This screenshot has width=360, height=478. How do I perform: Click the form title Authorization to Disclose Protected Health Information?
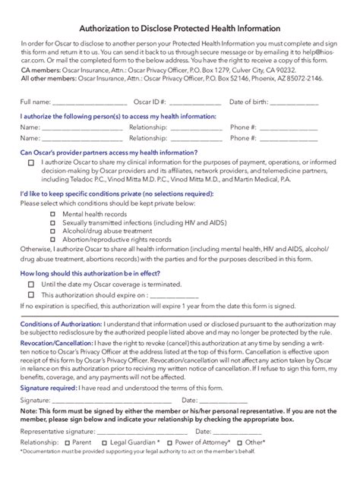click(180, 26)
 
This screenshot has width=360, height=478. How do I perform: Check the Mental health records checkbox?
click(52, 215)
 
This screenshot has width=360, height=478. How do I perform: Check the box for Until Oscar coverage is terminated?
click(31, 285)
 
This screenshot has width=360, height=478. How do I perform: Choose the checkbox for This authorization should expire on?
click(31, 295)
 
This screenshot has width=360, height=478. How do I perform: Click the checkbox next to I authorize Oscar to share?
click(31, 162)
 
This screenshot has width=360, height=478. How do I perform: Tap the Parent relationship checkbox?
click(68, 442)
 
